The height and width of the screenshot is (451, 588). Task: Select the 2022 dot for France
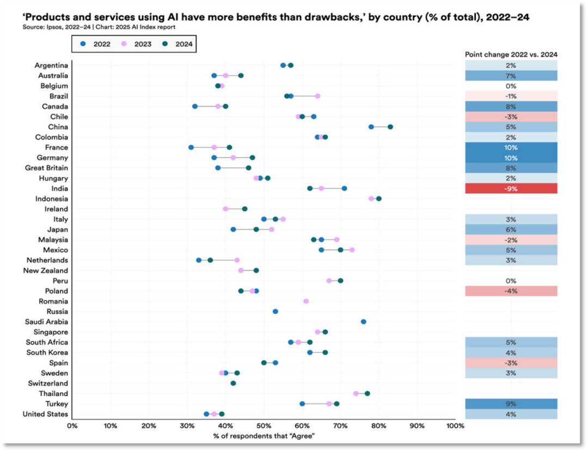coord(191,148)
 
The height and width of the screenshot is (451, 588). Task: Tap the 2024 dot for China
coord(390,127)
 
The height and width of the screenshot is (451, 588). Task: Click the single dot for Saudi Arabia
coord(364,322)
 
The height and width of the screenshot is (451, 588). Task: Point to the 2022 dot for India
coord(344,188)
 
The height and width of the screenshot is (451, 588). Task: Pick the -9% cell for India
coord(511,188)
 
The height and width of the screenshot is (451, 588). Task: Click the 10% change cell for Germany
coord(511,158)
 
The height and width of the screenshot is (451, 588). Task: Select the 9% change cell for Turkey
coord(511,404)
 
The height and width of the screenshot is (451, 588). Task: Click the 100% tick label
coord(455,425)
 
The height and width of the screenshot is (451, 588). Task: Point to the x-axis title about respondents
coord(264,436)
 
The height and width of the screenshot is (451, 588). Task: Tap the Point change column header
coord(511,54)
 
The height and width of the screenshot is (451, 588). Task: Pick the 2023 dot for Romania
coord(306,301)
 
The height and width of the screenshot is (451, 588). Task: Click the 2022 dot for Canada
coord(195,106)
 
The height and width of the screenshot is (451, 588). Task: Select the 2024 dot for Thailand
coord(367,394)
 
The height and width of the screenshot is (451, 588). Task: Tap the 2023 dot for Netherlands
coord(237,260)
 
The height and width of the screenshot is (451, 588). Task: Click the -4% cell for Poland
coord(511,291)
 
